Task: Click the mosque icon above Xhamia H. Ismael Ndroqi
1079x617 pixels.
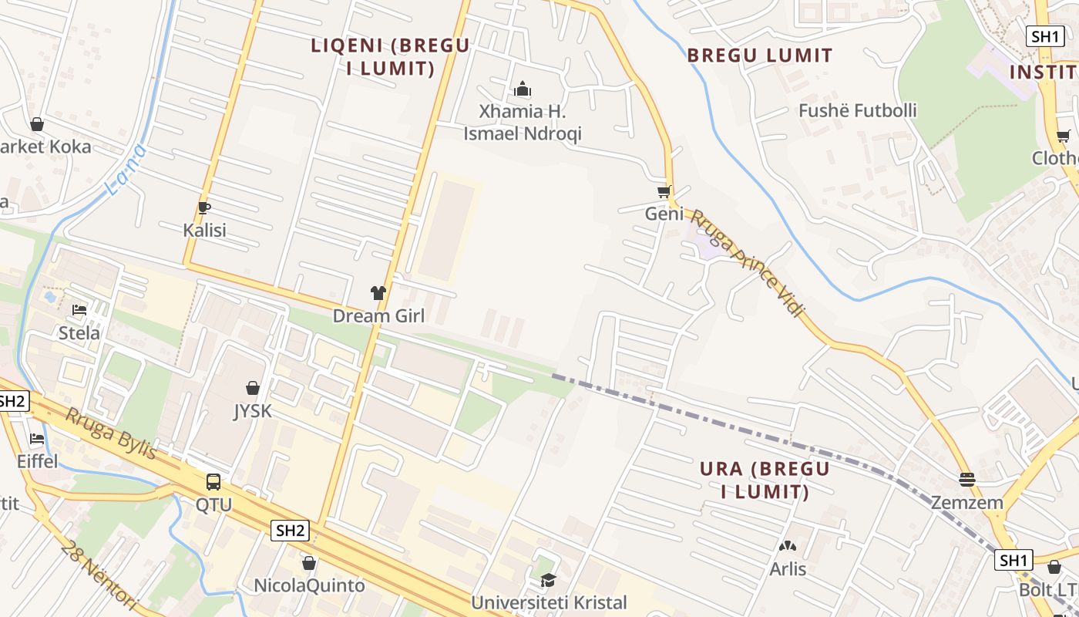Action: [x=523, y=89]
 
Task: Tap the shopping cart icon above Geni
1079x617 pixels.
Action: [x=664, y=191]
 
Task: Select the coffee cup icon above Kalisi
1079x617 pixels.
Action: [x=204, y=207]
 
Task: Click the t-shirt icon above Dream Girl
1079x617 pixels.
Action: [x=378, y=293]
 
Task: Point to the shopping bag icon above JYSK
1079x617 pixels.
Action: [x=253, y=388]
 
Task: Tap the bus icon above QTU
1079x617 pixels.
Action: [x=213, y=482]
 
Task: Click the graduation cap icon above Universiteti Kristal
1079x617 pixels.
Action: [x=548, y=580]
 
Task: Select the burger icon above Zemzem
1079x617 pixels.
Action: [x=967, y=480]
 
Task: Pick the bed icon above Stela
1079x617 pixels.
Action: [x=79, y=310]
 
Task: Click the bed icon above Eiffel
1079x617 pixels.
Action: [x=37, y=439]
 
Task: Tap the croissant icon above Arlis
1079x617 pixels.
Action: [x=787, y=546]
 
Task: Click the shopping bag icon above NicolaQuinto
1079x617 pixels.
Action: [x=309, y=564]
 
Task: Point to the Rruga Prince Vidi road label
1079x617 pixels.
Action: [x=747, y=262]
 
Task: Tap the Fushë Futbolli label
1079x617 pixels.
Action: [x=857, y=110]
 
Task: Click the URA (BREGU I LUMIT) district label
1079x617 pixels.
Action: [x=765, y=480]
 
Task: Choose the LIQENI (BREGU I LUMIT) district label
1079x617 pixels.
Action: [x=390, y=56]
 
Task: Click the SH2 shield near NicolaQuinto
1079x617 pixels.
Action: [x=291, y=530]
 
